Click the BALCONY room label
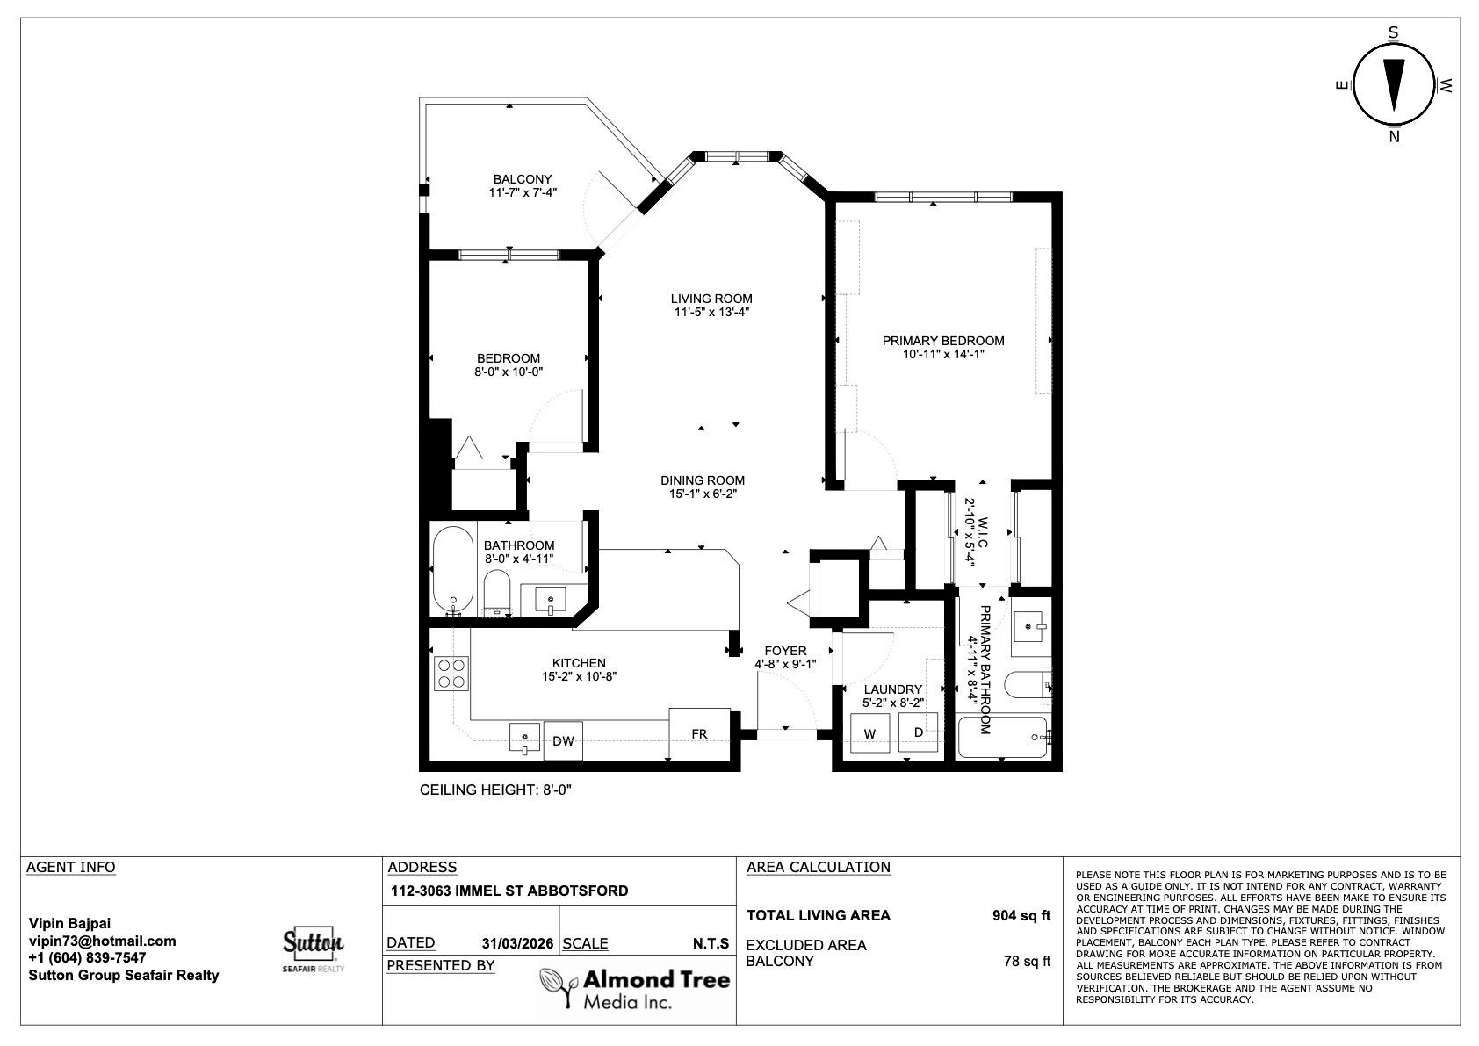tap(523, 179)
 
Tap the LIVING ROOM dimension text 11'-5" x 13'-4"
tap(711, 313)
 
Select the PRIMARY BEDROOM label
tap(943, 341)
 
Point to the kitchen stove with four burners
tap(451, 673)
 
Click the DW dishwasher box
tap(563, 741)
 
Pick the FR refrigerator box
tap(700, 733)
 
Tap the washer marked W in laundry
tap(869, 733)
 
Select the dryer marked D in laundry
tap(918, 732)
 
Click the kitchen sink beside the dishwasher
tap(525, 738)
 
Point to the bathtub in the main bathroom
tap(453, 570)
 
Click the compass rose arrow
tap(1394, 84)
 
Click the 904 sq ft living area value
tap(1021, 916)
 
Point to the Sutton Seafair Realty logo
tap(314, 949)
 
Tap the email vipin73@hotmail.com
tap(103, 941)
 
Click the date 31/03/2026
tap(517, 943)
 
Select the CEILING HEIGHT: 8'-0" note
tap(495, 790)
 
